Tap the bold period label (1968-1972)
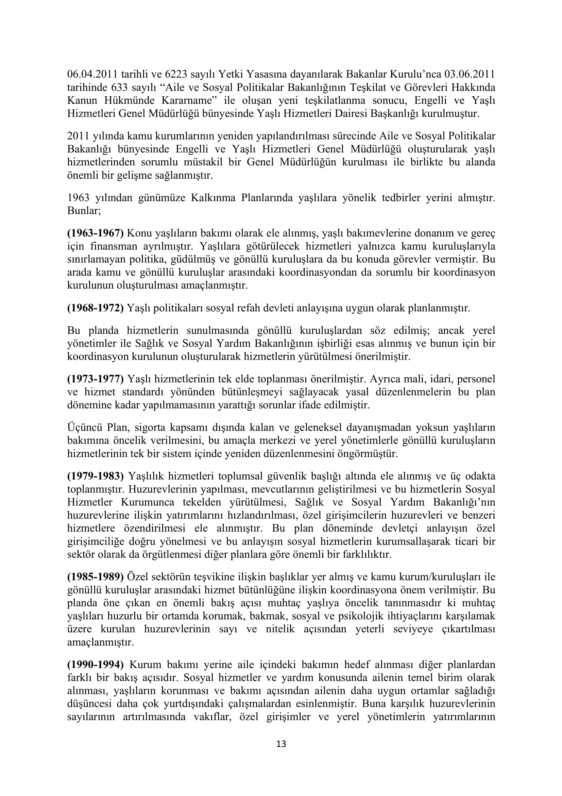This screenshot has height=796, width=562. tap(95, 308)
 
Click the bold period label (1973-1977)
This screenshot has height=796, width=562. tap(95, 378)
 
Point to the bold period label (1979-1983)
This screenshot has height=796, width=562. tap(95, 476)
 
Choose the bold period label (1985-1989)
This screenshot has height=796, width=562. tap(95, 577)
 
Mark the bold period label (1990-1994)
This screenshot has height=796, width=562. tap(95, 664)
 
